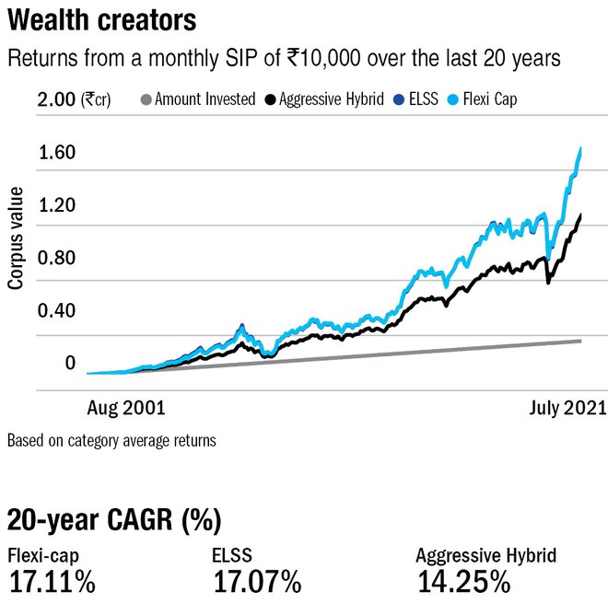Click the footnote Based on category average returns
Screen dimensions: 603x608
pyautogui.click(x=111, y=440)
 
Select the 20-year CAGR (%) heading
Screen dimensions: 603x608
pyautogui.click(x=114, y=521)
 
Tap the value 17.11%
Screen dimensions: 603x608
pyautogui.click(x=53, y=582)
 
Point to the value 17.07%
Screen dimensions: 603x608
pyautogui.click(x=257, y=582)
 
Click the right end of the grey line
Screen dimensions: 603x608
pyautogui.click(x=580, y=341)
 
